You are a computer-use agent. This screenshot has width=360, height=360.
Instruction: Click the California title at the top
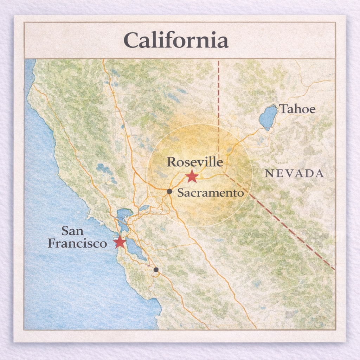[x=176, y=40]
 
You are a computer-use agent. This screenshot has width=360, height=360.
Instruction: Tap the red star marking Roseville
[x=192, y=176]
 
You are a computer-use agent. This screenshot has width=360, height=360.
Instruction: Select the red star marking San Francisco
[x=120, y=242]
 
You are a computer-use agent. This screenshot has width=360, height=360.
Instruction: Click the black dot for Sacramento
[x=169, y=191]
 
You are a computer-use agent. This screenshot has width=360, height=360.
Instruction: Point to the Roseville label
[x=195, y=162]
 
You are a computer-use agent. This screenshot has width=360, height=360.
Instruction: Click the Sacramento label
[x=210, y=193]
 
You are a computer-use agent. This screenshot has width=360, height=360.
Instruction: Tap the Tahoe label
[x=297, y=109]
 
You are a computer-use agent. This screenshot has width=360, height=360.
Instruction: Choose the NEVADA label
[x=294, y=173]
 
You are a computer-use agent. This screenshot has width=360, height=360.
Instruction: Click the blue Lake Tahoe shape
[x=268, y=117]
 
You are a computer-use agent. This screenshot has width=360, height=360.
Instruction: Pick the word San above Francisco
[x=72, y=231]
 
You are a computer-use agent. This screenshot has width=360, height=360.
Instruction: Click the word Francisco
[x=77, y=243]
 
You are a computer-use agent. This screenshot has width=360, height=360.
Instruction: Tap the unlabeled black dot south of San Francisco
[x=156, y=270]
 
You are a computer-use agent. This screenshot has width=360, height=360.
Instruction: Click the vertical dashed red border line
[x=218, y=105]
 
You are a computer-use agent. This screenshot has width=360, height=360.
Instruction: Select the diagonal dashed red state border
[x=281, y=221]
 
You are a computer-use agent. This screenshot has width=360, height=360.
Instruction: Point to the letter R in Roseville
[x=171, y=162]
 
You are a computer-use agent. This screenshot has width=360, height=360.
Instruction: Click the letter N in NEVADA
[x=269, y=174]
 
